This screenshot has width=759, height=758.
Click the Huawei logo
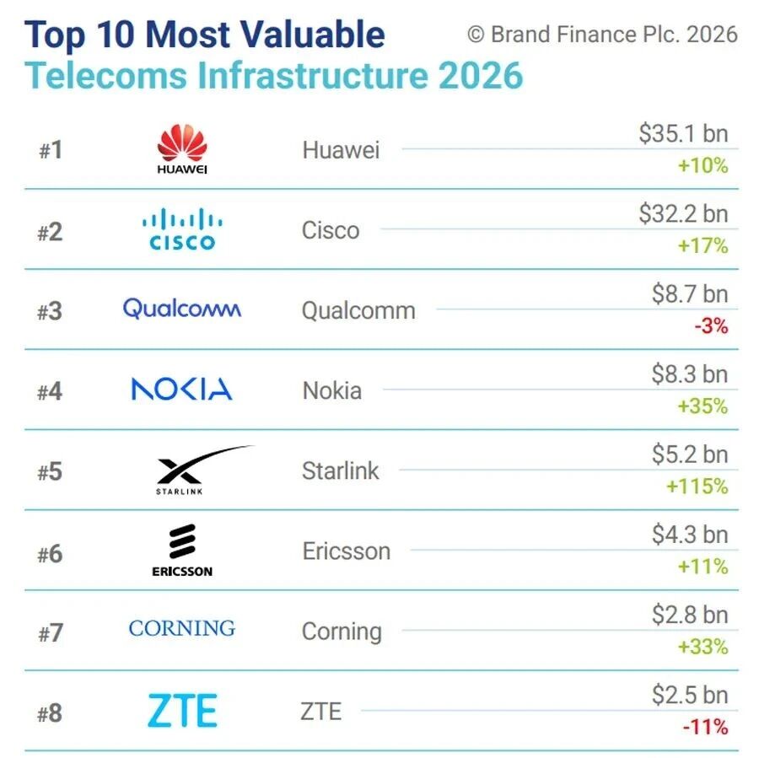(x=181, y=149)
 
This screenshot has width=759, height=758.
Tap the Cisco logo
(x=181, y=230)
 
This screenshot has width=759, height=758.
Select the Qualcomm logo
(x=181, y=309)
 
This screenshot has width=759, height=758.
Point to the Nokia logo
(x=181, y=389)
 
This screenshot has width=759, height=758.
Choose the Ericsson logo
(x=181, y=551)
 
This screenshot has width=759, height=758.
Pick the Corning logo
(x=181, y=628)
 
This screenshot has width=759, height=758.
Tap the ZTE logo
(x=182, y=711)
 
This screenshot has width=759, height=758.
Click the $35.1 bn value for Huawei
(x=682, y=134)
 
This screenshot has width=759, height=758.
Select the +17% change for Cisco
(x=702, y=246)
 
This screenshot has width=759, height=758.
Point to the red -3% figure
(x=710, y=326)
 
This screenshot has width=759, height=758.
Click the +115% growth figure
(x=697, y=487)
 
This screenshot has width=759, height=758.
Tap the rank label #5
(x=50, y=471)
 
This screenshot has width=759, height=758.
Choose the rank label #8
(x=50, y=713)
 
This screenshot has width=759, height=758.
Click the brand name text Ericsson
(x=346, y=551)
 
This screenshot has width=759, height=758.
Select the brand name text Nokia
(x=331, y=391)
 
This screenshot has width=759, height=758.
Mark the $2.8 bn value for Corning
(x=689, y=615)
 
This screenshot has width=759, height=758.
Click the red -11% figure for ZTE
(x=707, y=727)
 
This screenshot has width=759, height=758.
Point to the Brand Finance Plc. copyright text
(x=602, y=35)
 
